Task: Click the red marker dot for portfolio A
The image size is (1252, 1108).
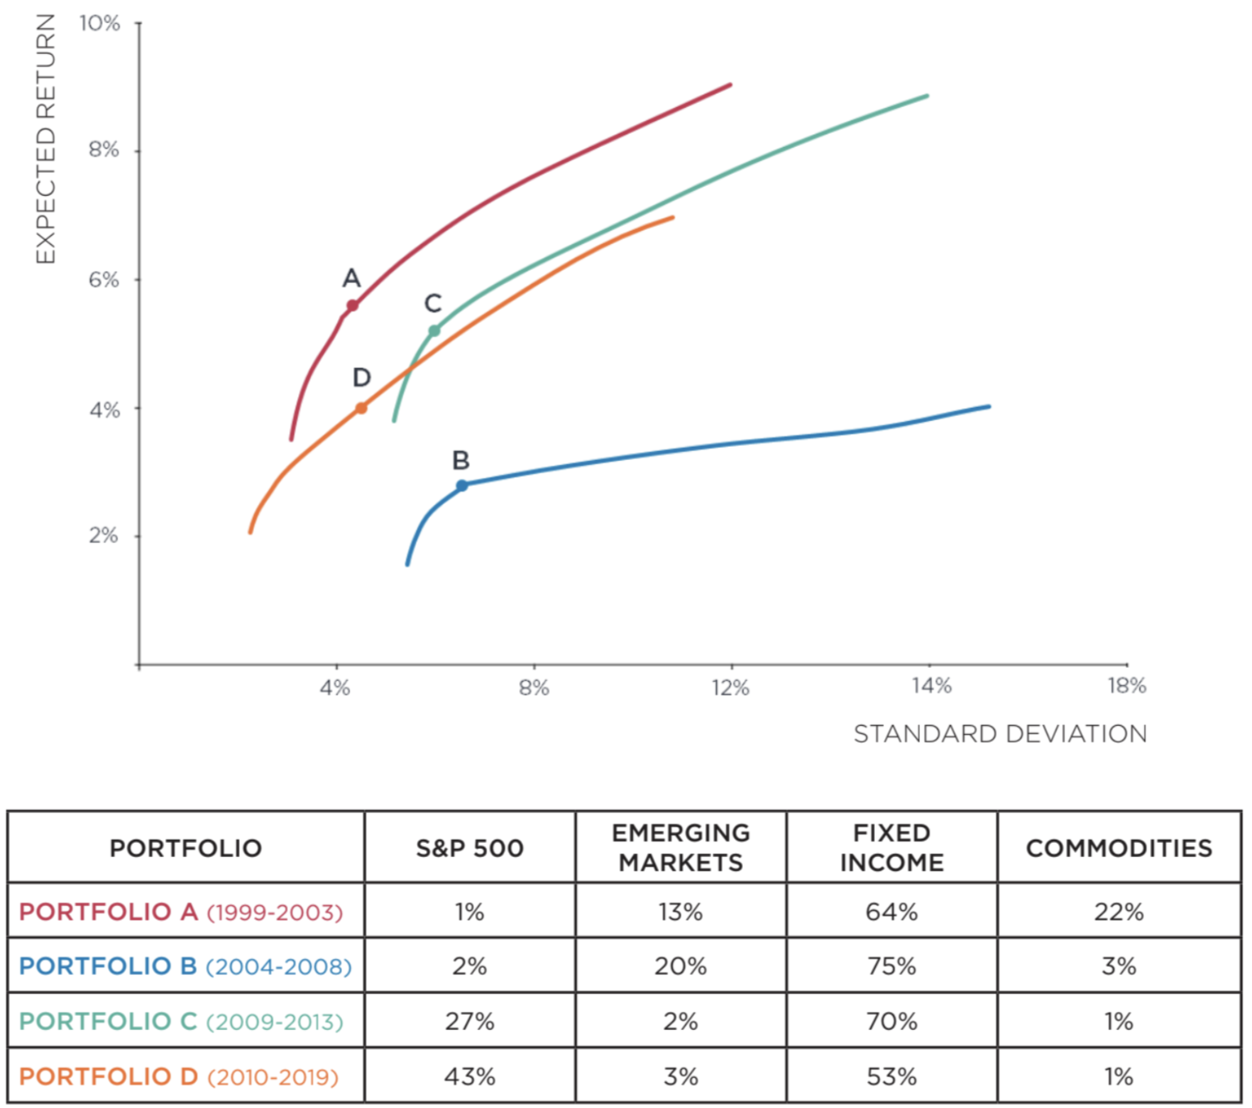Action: (x=352, y=306)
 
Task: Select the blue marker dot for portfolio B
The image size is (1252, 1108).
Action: (x=462, y=485)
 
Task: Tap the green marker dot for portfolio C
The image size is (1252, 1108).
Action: (x=433, y=331)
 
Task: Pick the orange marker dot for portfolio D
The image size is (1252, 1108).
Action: (x=361, y=408)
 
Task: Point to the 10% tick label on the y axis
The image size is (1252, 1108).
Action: (x=100, y=23)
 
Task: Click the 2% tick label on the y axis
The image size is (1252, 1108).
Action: (x=104, y=536)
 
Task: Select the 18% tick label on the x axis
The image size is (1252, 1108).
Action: (x=1127, y=686)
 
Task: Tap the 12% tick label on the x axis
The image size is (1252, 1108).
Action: (x=731, y=688)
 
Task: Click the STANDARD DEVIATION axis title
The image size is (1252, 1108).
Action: (x=1000, y=734)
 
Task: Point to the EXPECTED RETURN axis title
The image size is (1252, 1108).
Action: (x=45, y=139)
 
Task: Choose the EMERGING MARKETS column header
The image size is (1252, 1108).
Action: (x=681, y=848)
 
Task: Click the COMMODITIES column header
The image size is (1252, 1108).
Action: (x=1118, y=848)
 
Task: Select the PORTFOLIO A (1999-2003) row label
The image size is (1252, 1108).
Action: (x=181, y=912)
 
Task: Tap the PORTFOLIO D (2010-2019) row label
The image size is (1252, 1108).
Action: (x=179, y=1076)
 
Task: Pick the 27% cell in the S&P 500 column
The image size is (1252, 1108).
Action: (x=469, y=1021)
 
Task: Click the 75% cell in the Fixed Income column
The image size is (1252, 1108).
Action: (x=892, y=966)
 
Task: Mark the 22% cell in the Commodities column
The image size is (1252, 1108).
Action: (x=1118, y=912)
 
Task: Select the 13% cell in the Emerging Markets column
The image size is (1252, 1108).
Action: (x=681, y=912)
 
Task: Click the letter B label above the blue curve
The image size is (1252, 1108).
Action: (x=461, y=460)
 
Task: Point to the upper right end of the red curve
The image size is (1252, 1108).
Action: (x=730, y=85)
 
